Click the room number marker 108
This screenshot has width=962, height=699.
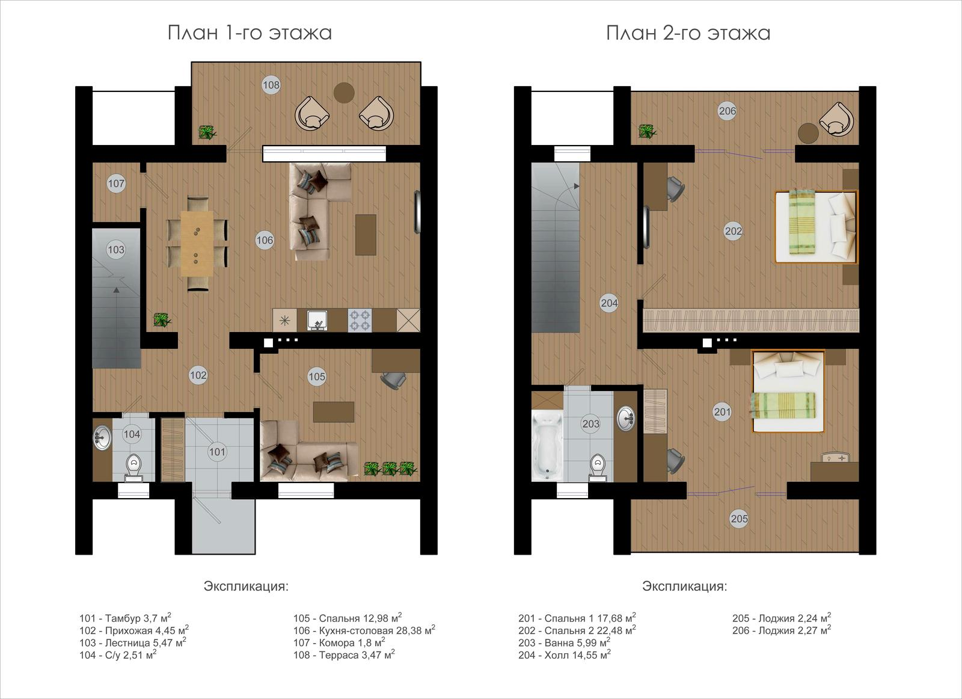click(271, 85)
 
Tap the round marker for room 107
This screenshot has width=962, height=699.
click(116, 183)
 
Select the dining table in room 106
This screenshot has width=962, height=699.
click(197, 243)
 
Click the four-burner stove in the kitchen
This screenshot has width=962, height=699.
click(360, 320)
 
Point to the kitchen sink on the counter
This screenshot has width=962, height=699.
click(317, 321)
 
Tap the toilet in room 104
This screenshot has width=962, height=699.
click(134, 467)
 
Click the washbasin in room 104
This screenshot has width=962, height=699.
click(102, 438)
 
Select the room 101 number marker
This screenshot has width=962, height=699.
click(217, 452)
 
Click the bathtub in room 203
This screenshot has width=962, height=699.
click(547, 445)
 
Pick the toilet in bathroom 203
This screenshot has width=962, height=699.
click(598, 467)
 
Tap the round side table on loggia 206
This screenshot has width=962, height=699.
click(808, 134)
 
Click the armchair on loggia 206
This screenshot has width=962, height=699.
click(836, 119)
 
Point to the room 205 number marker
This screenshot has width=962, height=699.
click(739, 519)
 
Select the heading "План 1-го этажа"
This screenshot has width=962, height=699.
click(250, 33)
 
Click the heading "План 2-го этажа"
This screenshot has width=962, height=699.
click(688, 33)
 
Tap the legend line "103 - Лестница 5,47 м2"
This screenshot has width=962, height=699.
click(133, 642)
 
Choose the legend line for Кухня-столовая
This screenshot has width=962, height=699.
click(364, 630)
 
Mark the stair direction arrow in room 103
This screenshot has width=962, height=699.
click(116, 290)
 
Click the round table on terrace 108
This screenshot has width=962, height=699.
click(344, 93)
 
